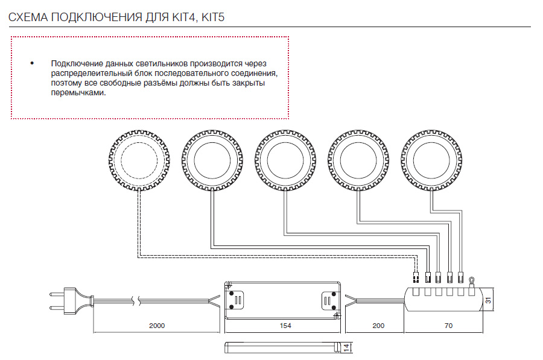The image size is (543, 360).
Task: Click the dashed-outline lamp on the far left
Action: tap(139, 160)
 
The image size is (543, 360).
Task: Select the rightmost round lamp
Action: tap(431, 160)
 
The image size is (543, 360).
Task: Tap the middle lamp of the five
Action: tap(285, 160)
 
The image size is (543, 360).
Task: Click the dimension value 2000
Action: tap(157, 326)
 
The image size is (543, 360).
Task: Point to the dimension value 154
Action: tap(285, 326)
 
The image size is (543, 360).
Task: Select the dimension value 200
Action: tap(378, 326)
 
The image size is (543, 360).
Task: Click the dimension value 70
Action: tap(448, 326)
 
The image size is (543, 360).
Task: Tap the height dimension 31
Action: tap(488, 300)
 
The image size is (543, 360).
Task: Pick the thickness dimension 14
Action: tap(346, 348)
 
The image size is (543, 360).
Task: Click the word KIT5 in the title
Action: tap(213, 17)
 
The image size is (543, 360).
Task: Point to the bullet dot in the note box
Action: tap(32, 63)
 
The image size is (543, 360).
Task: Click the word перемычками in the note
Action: tap(78, 93)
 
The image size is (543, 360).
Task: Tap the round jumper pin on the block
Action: tap(471, 282)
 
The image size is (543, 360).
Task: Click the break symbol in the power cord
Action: tap(136, 300)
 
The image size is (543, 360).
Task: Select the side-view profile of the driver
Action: tap(282, 348)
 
